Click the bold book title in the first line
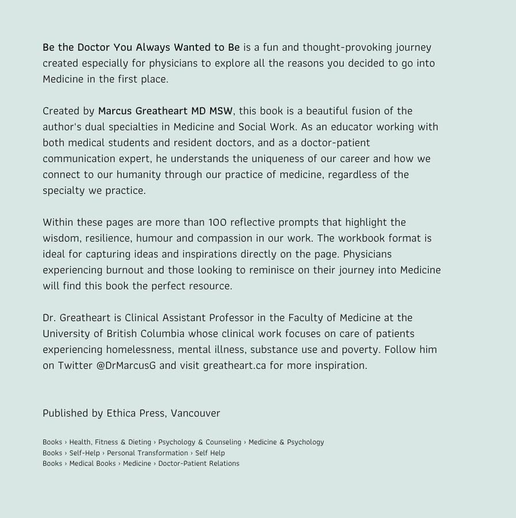click(141, 47)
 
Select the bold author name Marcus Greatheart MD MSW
click(165, 111)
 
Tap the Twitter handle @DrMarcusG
click(126, 365)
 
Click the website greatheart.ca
click(234, 365)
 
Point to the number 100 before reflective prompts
click(218, 222)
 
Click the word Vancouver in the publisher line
click(195, 413)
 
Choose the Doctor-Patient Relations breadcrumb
click(199, 463)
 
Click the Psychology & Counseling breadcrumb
click(200, 442)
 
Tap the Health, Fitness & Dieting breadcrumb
click(110, 442)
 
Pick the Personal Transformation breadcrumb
click(147, 453)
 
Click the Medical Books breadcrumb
click(92, 463)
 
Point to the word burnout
click(124, 270)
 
